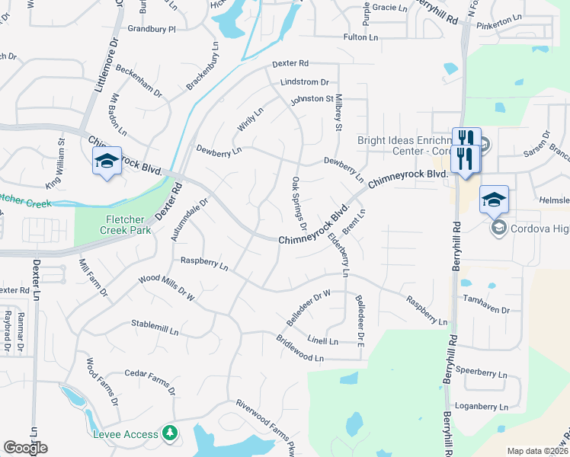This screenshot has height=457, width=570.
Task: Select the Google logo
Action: pos(25,448)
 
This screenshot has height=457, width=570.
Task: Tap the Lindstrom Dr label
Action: pos(304,82)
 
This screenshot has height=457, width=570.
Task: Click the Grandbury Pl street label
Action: pos(152,29)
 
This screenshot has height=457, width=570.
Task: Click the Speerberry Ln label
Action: pos(480,372)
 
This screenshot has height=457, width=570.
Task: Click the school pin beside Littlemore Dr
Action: pos(107,161)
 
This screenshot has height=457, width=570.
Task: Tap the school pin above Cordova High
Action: pos(494,200)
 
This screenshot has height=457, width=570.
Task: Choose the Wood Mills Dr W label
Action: pos(167,289)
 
